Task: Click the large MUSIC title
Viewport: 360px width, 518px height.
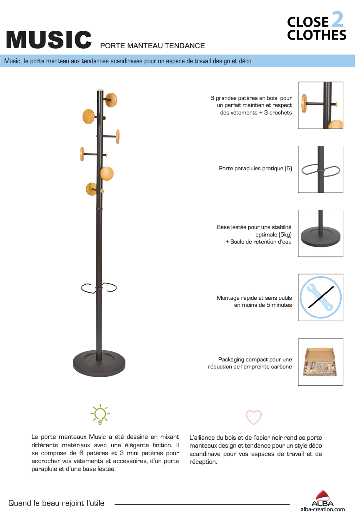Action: click(49, 39)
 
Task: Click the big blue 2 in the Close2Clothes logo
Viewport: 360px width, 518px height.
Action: click(337, 20)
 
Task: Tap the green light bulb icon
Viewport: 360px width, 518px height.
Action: click(100, 414)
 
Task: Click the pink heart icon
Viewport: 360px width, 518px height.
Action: click(253, 417)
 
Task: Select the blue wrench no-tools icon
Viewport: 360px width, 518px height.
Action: click(320, 297)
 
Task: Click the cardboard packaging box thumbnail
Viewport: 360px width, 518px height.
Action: click(320, 362)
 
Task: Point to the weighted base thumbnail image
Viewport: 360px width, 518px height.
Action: click(320, 233)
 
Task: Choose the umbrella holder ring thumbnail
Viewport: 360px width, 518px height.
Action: click(320, 169)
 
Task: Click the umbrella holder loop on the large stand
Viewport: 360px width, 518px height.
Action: click(99, 287)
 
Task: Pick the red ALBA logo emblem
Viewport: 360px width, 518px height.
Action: click(322, 496)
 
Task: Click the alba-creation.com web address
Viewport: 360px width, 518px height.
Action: click(322, 509)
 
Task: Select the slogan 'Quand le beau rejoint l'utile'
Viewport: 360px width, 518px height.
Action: click(56, 503)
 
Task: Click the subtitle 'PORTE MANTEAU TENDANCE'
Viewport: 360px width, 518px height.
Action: click(152, 46)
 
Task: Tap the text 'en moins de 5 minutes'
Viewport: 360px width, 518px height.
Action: click(263, 305)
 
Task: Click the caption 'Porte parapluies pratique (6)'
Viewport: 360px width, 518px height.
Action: click(255, 169)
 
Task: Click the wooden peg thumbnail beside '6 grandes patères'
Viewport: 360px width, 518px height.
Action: click(320, 105)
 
